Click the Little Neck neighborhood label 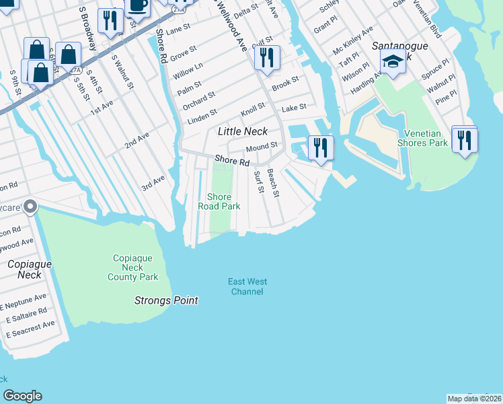point(243,131)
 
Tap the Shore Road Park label point(219,201)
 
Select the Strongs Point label point(166,300)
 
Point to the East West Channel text point(247,286)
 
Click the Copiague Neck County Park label point(132,267)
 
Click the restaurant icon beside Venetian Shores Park point(464,140)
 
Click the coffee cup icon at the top point(138,5)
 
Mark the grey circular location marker point(30,207)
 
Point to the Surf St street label point(258,181)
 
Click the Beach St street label point(273,182)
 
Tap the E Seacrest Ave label point(30,329)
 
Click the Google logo point(22,396)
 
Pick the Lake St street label point(294,107)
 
